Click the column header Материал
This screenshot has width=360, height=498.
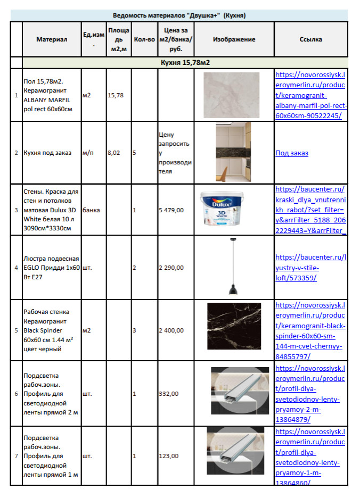coord(52,39)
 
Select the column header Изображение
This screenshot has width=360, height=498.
coord(234,39)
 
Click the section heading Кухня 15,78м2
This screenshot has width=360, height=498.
coord(185,63)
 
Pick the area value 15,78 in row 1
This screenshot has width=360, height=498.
coord(116,95)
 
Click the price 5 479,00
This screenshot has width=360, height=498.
coord(171,210)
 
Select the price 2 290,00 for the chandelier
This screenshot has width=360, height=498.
coord(171,268)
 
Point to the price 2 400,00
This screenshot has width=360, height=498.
coord(171,330)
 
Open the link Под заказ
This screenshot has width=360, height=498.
coord(292,153)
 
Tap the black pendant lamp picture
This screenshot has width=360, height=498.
coord(233,267)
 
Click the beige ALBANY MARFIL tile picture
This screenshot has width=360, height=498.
coord(231,95)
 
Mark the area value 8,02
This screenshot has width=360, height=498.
coord(114,153)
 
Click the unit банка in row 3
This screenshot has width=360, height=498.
coord(91,210)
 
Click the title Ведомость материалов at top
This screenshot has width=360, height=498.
coord(179,15)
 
